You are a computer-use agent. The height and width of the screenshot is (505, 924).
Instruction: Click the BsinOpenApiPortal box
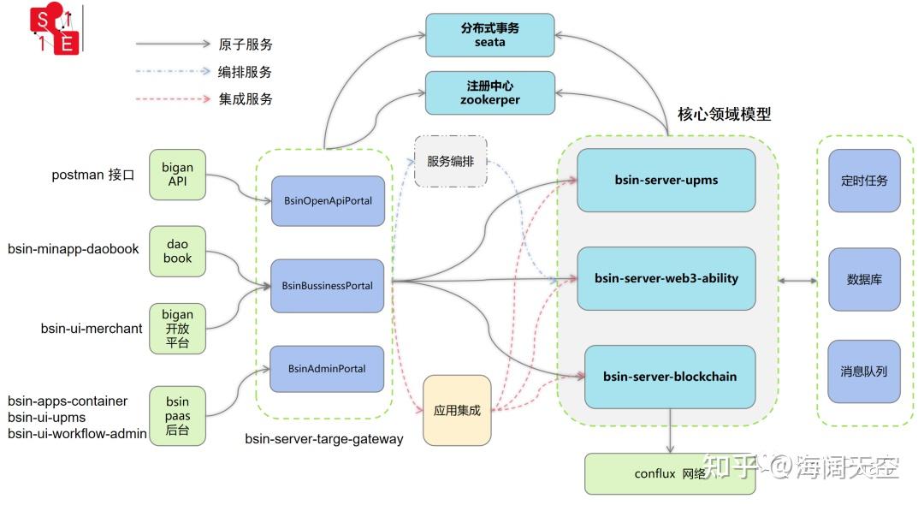328,201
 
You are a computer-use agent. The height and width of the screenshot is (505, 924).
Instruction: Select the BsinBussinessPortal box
327,286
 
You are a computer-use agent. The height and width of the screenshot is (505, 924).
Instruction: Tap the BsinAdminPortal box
327,369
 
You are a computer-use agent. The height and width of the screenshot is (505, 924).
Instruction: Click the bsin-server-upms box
666,181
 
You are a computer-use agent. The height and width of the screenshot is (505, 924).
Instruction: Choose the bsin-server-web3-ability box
666,279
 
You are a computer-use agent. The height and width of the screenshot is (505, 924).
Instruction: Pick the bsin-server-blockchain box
670,377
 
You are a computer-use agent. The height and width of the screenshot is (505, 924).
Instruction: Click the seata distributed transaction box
489,35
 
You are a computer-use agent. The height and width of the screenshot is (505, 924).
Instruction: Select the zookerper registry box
489,93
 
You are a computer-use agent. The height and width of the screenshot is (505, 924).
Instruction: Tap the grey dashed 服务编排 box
451,162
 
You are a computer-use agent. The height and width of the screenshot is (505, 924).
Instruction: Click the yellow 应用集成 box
457,410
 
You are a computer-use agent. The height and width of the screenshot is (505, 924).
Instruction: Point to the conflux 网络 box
670,474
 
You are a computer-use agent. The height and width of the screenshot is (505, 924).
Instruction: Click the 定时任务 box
864,181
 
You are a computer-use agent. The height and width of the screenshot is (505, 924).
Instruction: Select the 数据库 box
864,279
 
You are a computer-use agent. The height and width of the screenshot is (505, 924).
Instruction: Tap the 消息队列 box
864,371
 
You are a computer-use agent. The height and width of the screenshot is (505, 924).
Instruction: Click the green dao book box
177,252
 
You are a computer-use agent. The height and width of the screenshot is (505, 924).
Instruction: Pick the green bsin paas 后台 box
177,416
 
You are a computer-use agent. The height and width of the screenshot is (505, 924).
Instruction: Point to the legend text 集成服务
246,99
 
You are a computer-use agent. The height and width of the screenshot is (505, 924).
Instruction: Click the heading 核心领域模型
725,115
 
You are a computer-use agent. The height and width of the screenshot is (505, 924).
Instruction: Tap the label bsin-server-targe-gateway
324,439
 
